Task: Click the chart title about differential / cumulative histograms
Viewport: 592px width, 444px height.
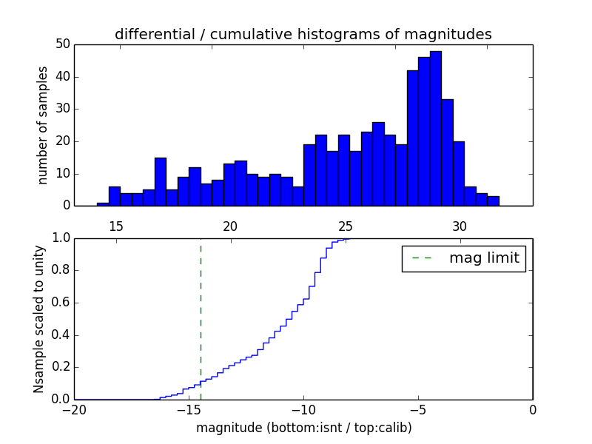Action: click(303, 34)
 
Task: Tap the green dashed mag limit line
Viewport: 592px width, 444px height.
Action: click(201, 318)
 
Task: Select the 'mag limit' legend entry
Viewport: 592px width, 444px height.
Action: click(464, 258)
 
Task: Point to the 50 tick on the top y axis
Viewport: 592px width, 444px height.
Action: click(62, 44)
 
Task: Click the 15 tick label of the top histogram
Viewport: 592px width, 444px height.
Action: click(116, 226)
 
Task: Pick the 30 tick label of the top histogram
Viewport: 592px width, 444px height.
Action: click(460, 226)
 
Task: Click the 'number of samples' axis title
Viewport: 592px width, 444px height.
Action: click(43, 125)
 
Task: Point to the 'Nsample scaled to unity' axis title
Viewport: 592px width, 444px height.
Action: click(38, 319)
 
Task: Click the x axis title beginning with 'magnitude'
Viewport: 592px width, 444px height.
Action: click(303, 428)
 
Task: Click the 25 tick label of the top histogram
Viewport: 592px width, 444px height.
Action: click(345, 226)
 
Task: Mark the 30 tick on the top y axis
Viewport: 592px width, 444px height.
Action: click(62, 109)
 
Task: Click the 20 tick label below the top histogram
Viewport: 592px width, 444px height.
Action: click(230, 226)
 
